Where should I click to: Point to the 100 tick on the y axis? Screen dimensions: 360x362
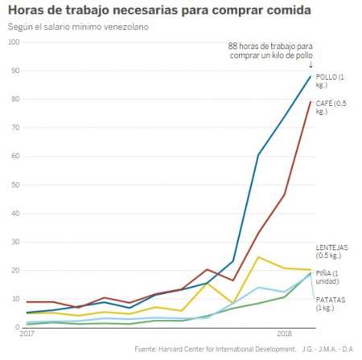12,42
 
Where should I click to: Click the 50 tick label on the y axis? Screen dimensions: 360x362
12,185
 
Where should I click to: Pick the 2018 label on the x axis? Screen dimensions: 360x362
284,333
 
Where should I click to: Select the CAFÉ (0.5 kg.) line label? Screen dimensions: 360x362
332,107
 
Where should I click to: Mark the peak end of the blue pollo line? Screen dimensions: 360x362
311,76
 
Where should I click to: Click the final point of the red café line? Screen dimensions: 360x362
311,101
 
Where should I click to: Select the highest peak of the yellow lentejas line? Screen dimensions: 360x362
258,257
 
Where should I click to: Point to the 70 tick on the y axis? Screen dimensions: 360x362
12,128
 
